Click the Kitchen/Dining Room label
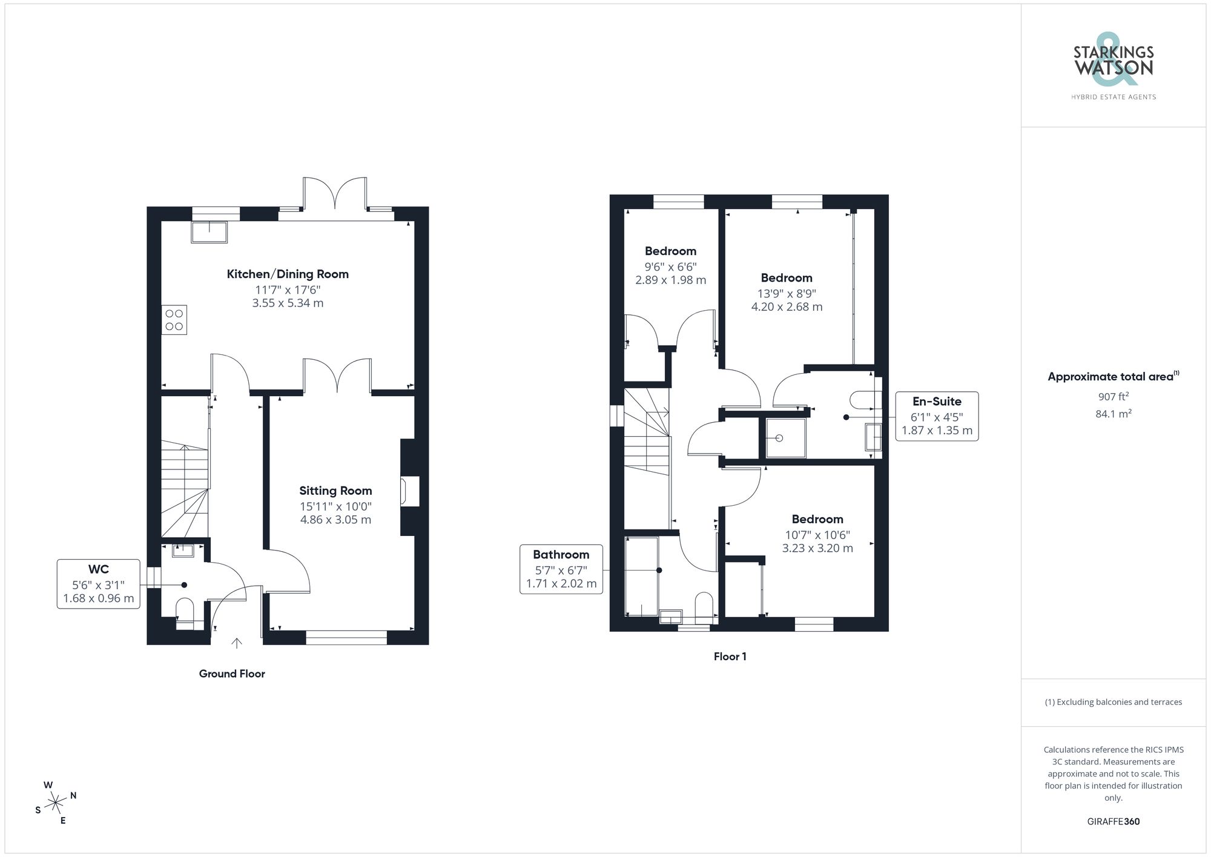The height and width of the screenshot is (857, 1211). pos(288,274)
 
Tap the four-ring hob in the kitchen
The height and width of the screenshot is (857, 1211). pos(174,320)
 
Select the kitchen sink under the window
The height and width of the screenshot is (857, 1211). pos(210,232)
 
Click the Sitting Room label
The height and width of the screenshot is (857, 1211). pos(335,491)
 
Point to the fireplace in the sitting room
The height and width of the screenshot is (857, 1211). pos(410,491)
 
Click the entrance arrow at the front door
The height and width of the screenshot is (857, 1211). pos(237,643)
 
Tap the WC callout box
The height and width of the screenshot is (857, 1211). pos(99,583)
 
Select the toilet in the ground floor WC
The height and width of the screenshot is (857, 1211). pos(184,609)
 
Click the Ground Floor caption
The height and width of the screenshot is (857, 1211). pos(232,673)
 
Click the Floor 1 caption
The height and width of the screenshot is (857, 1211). pos(730,657)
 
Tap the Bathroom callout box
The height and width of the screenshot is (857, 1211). pos(561,569)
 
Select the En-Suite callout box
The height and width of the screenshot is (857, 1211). pos(937,415)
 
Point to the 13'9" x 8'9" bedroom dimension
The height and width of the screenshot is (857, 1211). pos(787,293)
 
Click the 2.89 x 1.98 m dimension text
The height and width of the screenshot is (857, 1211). pos(670,280)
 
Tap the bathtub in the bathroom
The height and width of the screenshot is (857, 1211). pos(641,575)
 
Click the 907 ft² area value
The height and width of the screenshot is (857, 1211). pos(1113,397)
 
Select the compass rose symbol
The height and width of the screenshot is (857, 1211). pos(56,803)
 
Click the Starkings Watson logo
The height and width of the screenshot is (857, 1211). pos(1114,67)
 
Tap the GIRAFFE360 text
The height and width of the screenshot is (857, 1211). pos(1113,822)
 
